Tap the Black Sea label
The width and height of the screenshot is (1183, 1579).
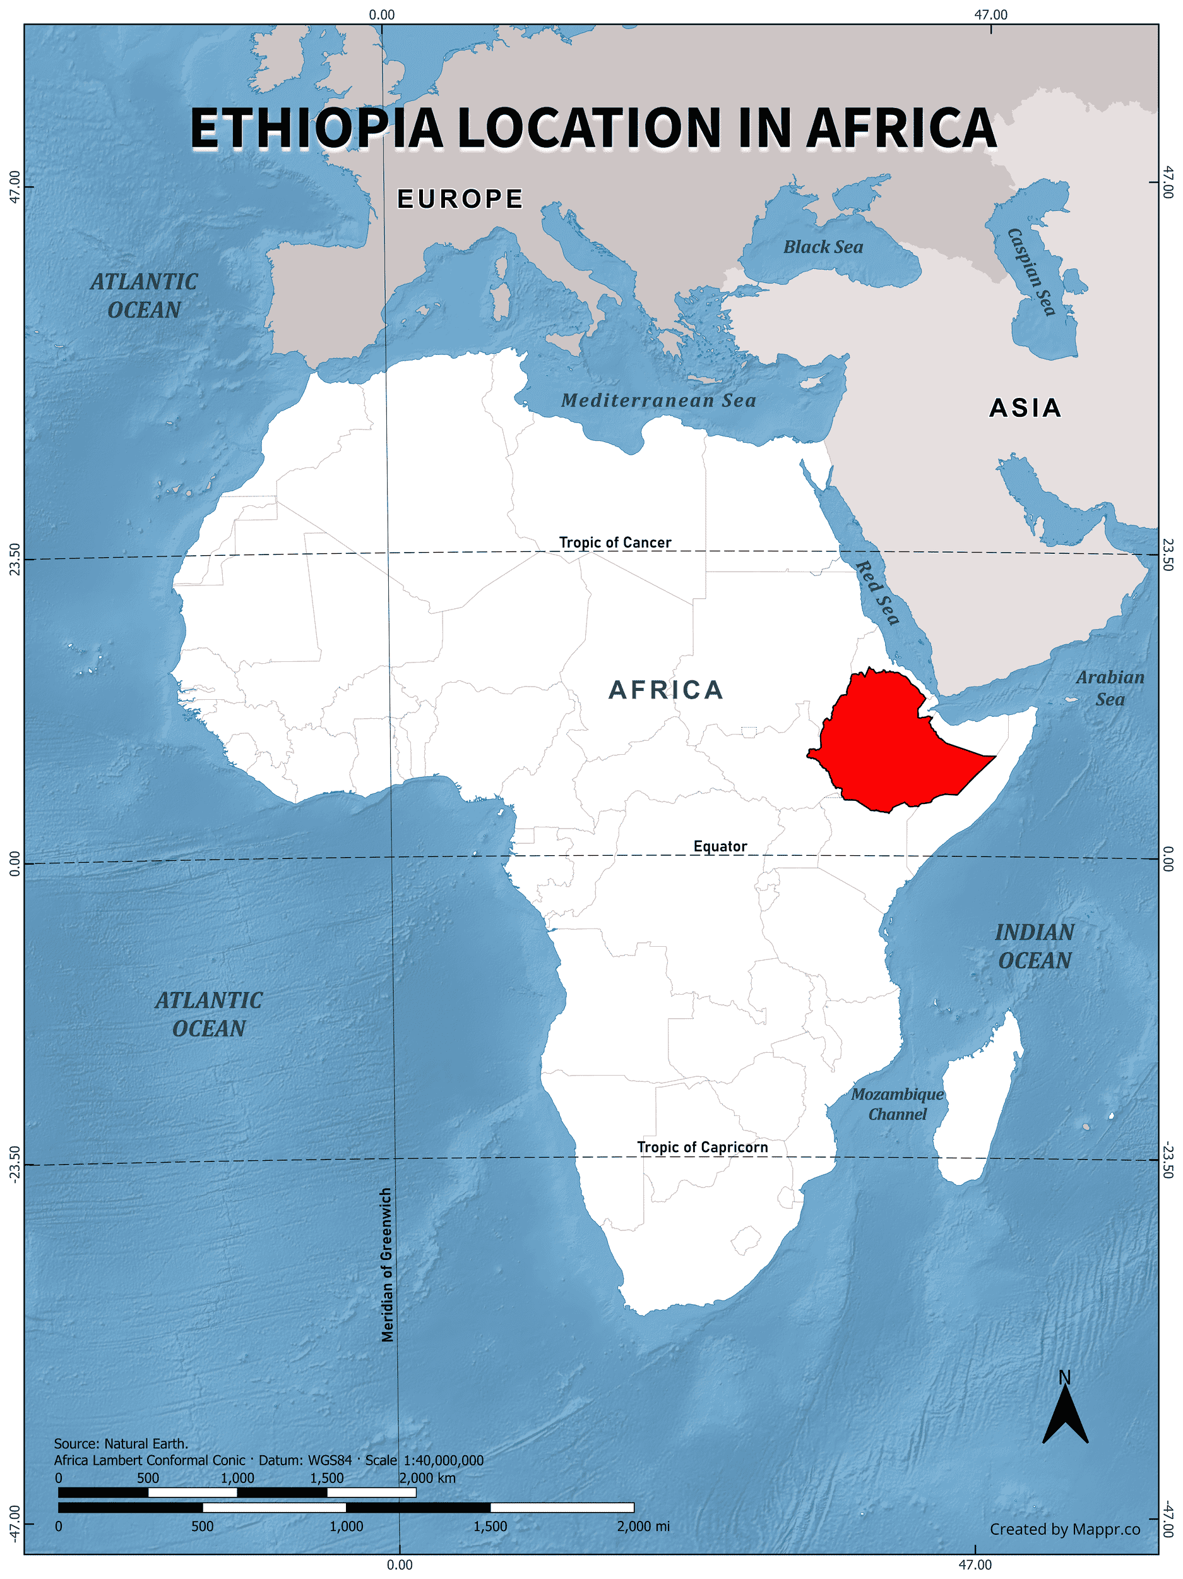pyautogui.click(x=823, y=247)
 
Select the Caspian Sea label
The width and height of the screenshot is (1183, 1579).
pyautogui.click(x=1031, y=271)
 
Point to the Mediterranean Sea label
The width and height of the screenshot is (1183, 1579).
pyautogui.click(x=658, y=400)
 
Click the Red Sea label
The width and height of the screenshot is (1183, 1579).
pyautogui.click(x=877, y=592)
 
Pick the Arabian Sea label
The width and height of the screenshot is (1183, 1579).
pyautogui.click(x=1110, y=688)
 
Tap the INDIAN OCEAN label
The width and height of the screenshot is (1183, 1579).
pyautogui.click(x=1035, y=947)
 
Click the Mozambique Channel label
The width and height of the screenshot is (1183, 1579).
pyautogui.click(x=897, y=1104)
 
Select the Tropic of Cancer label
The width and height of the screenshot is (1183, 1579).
pyautogui.click(x=614, y=543)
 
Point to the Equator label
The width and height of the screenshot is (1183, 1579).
pyautogui.click(x=720, y=846)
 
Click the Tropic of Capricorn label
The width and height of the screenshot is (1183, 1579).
pyautogui.click(x=702, y=1147)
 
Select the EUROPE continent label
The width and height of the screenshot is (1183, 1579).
pyautogui.click(x=460, y=199)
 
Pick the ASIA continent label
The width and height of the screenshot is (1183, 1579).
pyautogui.click(x=1025, y=408)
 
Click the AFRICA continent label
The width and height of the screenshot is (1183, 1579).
pyautogui.click(x=666, y=690)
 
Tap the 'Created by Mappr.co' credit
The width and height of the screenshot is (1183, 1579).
pyautogui.click(x=1064, y=1529)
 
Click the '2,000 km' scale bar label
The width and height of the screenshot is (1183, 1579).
pyautogui.click(x=427, y=1479)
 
